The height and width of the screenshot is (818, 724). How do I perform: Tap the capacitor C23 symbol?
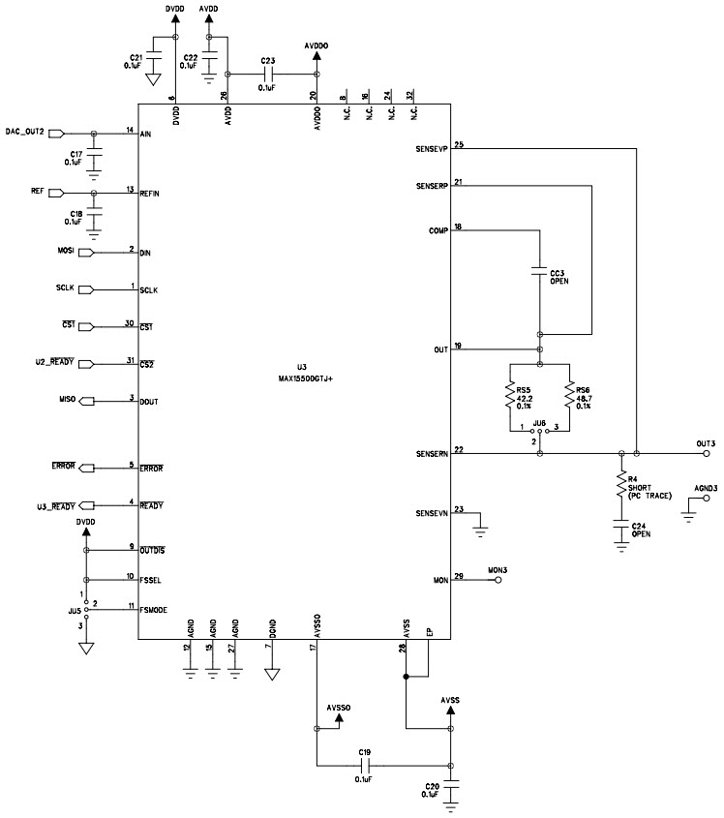pyautogui.click(x=270, y=74)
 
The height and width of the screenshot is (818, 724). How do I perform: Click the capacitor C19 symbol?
pyautogui.click(x=364, y=765)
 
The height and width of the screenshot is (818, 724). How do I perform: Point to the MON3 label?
pyautogui.click(x=498, y=570)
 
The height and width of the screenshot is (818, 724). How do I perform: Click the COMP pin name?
pyautogui.click(x=437, y=230)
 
